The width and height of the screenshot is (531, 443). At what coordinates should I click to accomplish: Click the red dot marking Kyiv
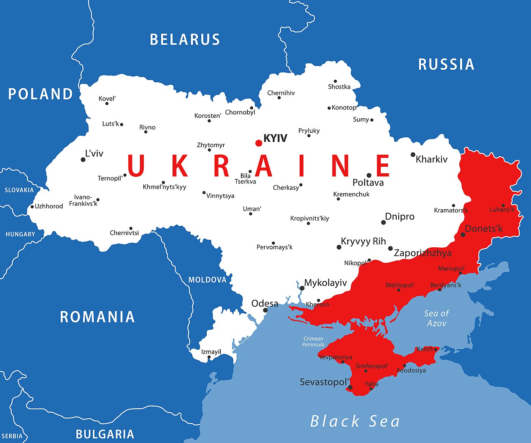click(x=259, y=143)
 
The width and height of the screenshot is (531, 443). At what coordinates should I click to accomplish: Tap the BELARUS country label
click(x=185, y=39)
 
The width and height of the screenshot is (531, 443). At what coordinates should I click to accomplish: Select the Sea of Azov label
click(x=436, y=318)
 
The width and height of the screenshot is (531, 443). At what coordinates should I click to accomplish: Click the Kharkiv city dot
click(x=413, y=155)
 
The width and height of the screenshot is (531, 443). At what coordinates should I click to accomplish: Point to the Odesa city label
click(x=265, y=303)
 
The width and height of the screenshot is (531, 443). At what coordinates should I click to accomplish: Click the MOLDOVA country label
click(x=207, y=280)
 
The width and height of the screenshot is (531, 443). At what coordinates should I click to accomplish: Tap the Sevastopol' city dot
click(x=350, y=388)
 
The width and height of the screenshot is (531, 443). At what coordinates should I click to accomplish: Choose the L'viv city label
click(x=94, y=154)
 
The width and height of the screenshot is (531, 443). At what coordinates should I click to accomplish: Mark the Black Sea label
click(x=355, y=421)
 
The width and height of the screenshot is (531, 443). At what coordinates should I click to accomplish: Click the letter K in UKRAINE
click(x=180, y=166)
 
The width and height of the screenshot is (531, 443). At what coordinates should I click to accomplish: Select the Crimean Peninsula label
click(x=313, y=341)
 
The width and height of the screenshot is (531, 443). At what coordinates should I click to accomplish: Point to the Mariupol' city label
click(x=451, y=269)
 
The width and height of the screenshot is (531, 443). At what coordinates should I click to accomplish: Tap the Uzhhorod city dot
click(x=32, y=207)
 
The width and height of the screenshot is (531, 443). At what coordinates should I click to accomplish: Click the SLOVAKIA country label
click(x=19, y=190)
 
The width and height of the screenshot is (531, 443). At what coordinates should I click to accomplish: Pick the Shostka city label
click(x=339, y=87)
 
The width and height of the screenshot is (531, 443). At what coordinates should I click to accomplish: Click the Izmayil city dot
click(x=209, y=357)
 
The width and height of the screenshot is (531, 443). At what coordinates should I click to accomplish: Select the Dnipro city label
click(x=399, y=217)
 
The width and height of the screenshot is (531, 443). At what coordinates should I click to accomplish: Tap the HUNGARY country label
click(x=20, y=234)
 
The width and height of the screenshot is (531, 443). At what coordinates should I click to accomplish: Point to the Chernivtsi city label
click(x=124, y=233)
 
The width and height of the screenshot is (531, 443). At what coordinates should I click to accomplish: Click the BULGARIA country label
click(x=105, y=434)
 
